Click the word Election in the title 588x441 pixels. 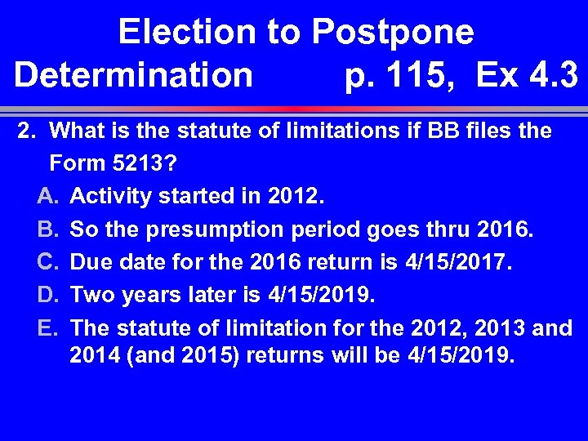[x=186, y=33]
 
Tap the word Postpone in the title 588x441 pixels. [x=392, y=33]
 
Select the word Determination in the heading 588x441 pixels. [x=134, y=75]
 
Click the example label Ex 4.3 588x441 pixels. [x=528, y=75]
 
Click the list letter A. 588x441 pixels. [x=47, y=197]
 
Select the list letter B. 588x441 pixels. [x=47, y=229]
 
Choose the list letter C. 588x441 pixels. [x=47, y=262]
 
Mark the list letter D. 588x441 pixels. [x=47, y=295]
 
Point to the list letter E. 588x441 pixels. [x=47, y=327]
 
